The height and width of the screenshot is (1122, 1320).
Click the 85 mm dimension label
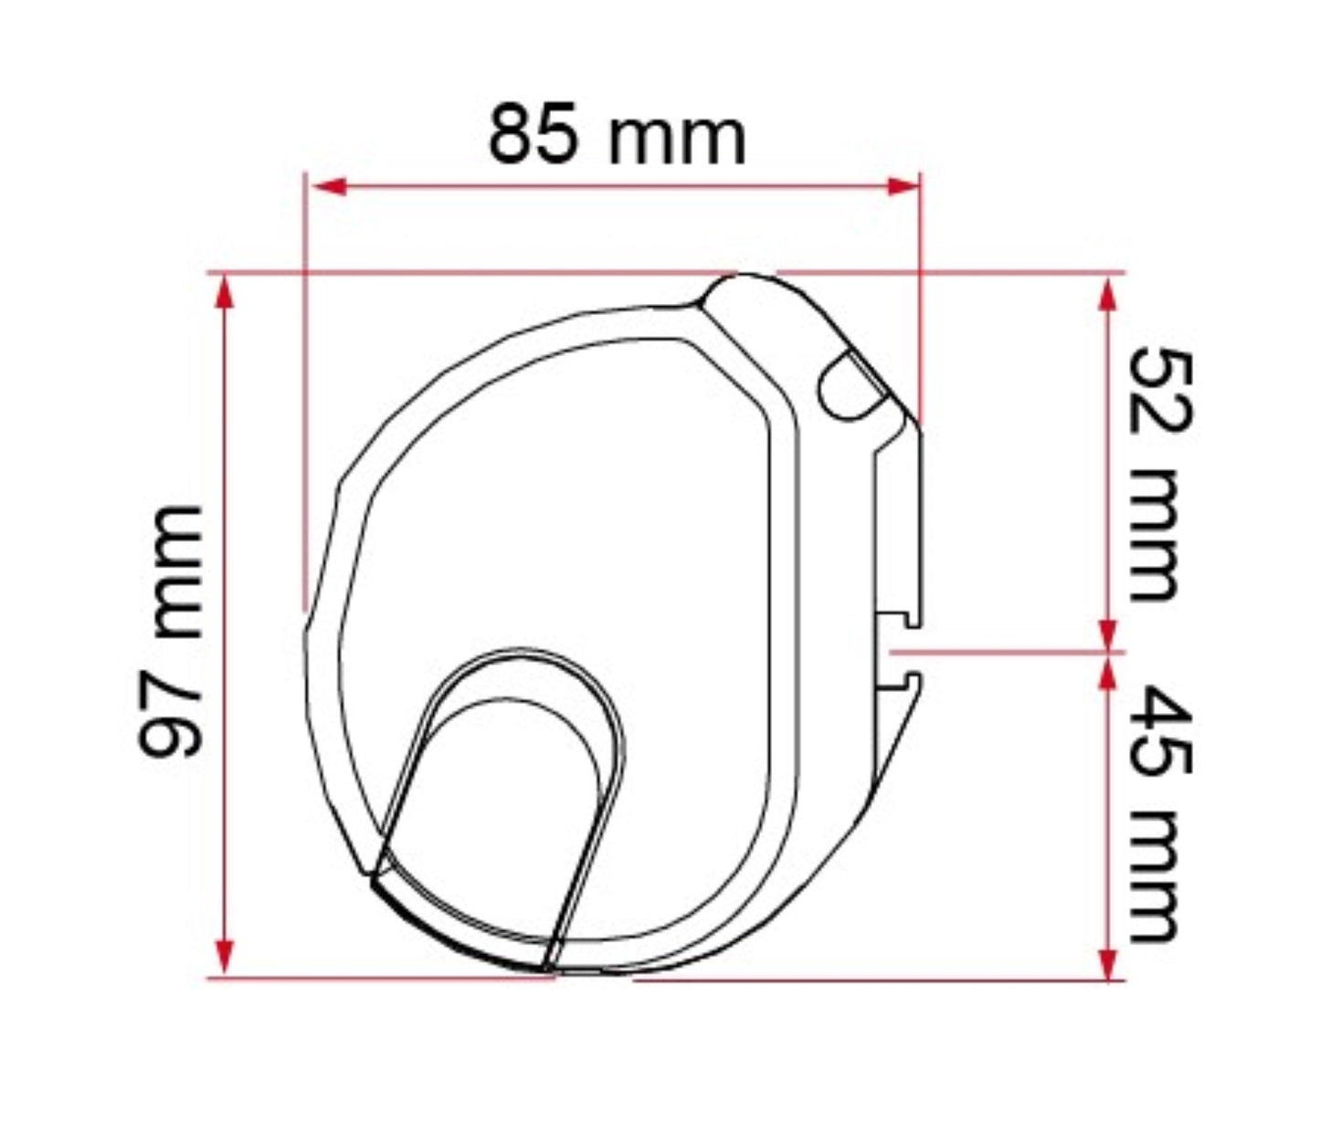point(617,136)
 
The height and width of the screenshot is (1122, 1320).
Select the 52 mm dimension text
point(1160,475)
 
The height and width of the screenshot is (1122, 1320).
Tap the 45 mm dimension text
point(1160,813)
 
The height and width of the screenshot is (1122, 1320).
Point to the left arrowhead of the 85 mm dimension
point(328,187)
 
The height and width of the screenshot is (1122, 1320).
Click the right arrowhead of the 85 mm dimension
point(903,187)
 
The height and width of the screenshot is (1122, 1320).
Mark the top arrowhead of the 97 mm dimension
point(224,293)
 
